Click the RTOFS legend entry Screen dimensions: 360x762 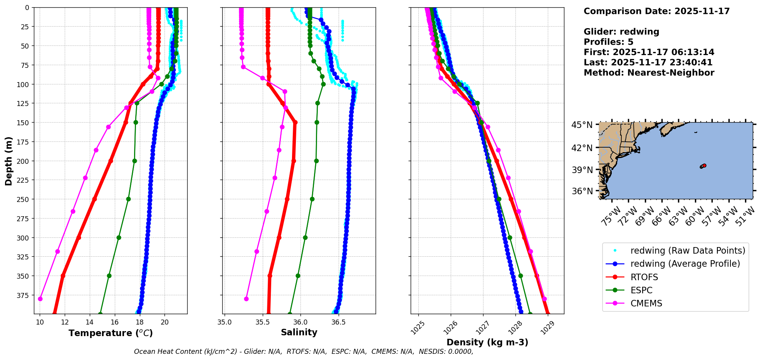click(x=644, y=277)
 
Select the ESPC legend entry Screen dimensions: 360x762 click(x=641, y=290)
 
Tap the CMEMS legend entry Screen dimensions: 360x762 click(x=646, y=303)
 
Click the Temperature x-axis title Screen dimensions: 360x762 click(x=111, y=333)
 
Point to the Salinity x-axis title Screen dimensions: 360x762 click(x=299, y=332)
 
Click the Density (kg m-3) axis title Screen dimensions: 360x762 click(x=487, y=342)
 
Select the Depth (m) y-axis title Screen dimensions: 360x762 click(x=8, y=161)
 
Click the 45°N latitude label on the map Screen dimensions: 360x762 click(x=582, y=125)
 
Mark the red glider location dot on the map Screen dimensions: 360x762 click(x=704, y=165)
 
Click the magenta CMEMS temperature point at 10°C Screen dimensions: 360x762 click(x=40, y=299)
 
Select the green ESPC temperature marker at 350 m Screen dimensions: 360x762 click(x=109, y=276)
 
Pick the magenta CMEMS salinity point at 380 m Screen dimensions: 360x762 click(x=246, y=299)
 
